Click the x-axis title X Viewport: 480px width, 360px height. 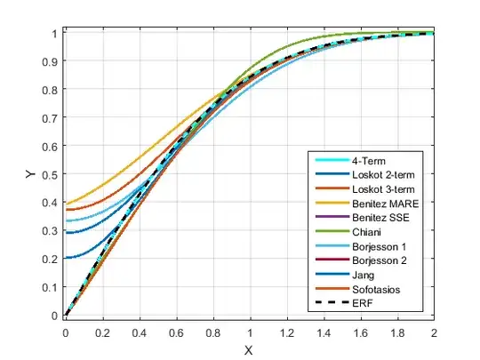coord(249,349)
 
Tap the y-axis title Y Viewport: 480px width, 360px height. coord(32,175)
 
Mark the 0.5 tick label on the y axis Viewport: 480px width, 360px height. coord(50,174)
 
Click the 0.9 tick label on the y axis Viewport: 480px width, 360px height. coord(50,61)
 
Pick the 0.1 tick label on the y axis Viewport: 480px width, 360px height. coord(50,287)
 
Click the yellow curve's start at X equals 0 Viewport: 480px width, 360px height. coord(66,204)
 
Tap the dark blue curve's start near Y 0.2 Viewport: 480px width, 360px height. coord(66,258)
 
